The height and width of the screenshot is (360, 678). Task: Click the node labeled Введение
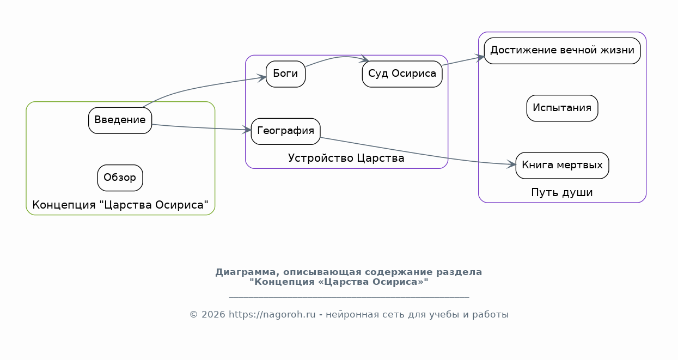point(120,120)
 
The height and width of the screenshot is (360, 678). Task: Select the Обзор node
point(120,178)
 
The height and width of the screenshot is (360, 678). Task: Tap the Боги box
point(286,74)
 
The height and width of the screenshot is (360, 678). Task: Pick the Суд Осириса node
point(402,74)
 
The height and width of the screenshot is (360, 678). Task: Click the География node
point(286,131)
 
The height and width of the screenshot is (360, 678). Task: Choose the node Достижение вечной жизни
point(563,51)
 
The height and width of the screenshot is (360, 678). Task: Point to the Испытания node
point(563,108)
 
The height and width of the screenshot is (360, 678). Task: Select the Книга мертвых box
point(563,166)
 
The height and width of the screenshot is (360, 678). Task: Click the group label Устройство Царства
point(346,158)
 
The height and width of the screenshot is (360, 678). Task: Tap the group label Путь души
point(562,192)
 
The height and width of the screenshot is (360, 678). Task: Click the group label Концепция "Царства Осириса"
point(120,205)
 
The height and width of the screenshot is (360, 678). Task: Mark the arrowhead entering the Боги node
point(262,78)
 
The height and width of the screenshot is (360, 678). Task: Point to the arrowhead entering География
point(247,130)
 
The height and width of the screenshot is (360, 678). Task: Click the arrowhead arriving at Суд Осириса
point(364,59)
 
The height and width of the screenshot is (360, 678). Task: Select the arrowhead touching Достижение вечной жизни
point(480,58)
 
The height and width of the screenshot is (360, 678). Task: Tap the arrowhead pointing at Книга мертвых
point(511,164)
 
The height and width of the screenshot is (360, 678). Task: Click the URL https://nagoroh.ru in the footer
point(272,315)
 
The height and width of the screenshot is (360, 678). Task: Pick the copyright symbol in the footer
point(194,315)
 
